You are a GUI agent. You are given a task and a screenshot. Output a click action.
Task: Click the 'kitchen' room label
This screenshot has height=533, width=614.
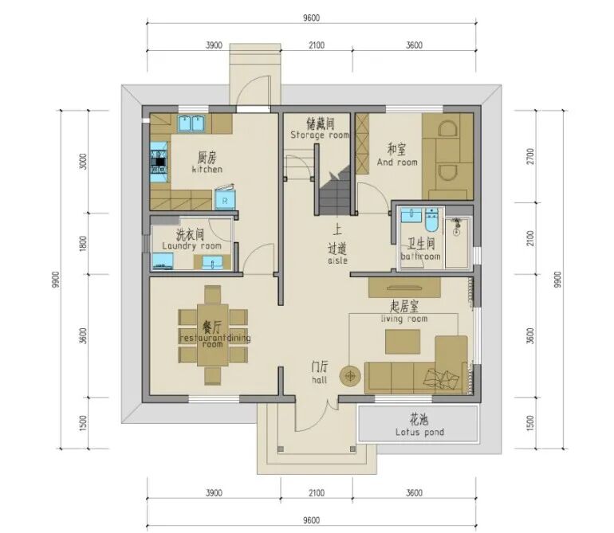pos(207,170)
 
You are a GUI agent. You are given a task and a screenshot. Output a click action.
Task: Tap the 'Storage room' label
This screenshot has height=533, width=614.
pos(320,135)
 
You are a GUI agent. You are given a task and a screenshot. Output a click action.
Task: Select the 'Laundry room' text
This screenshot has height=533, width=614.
pos(192,246)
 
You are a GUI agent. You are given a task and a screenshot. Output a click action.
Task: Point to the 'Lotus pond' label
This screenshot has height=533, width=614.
pos(419,433)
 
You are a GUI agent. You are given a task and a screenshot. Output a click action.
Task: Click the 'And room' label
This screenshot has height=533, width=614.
pos(397,162)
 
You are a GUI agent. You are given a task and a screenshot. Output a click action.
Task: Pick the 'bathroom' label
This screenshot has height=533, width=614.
pos(420,257)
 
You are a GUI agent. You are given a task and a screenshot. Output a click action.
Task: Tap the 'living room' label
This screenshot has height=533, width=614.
pos(404,319)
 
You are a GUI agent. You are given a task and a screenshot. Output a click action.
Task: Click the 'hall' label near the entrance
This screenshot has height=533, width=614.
pos(320,380)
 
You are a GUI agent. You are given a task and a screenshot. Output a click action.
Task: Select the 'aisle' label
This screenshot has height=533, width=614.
pos(337,261)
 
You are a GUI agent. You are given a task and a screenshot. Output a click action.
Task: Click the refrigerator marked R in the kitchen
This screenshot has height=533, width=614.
pos(225,198)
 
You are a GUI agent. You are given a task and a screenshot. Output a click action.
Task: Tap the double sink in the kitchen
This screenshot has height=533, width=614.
pos(191,123)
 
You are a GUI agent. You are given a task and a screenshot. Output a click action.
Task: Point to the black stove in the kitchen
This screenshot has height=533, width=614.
pos(159,162)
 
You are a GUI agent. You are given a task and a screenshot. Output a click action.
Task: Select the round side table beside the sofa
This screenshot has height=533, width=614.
pos(350,377)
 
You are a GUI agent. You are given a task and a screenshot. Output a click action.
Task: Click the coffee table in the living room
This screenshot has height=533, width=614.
pos(403,342)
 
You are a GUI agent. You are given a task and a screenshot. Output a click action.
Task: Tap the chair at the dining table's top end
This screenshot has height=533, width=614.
pos(213,295)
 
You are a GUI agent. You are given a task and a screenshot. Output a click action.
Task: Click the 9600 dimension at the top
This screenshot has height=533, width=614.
pos(311,18)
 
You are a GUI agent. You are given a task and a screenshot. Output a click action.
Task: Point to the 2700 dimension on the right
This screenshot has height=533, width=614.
pos(530,156)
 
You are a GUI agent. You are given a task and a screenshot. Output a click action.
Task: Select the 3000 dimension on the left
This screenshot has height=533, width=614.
pos(83,161)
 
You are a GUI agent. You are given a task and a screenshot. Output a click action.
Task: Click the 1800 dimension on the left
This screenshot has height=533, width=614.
pos(83,244)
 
